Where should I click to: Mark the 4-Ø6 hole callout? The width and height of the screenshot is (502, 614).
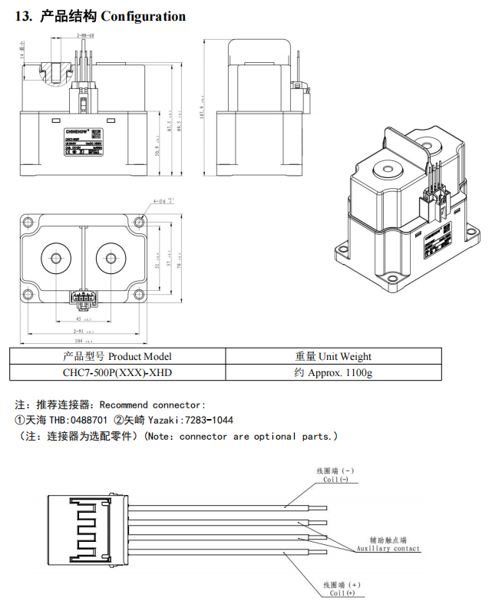163,202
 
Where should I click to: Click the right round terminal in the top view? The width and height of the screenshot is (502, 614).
109,256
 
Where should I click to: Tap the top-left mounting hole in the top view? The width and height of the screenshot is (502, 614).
31,222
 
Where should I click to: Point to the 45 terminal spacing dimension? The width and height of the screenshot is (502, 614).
79,318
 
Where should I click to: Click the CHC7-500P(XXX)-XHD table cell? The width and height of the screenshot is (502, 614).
117,373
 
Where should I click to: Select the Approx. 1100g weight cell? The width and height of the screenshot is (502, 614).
333,373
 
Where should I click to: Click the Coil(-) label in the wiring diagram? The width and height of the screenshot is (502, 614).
335,480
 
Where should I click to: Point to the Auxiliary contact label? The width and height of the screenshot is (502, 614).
388,549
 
